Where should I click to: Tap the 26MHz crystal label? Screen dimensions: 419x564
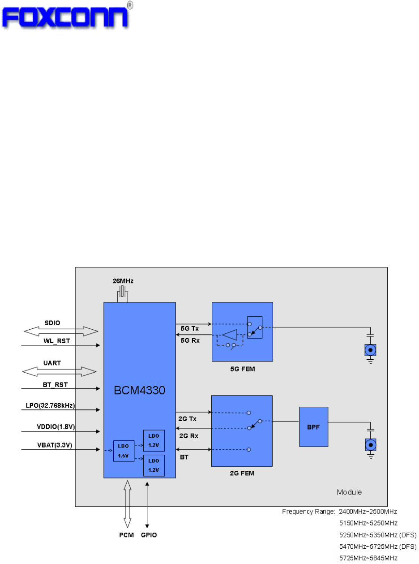click(x=123, y=281)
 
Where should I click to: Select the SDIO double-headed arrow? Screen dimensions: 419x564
click(x=61, y=331)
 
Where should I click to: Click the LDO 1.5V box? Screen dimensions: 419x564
click(x=124, y=451)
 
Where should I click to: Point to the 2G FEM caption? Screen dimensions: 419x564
click(x=242, y=473)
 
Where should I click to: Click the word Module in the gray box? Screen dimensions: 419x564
click(x=349, y=492)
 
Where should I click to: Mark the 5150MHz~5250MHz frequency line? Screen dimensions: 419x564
click(x=368, y=523)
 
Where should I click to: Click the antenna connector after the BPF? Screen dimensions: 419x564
click(x=370, y=445)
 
